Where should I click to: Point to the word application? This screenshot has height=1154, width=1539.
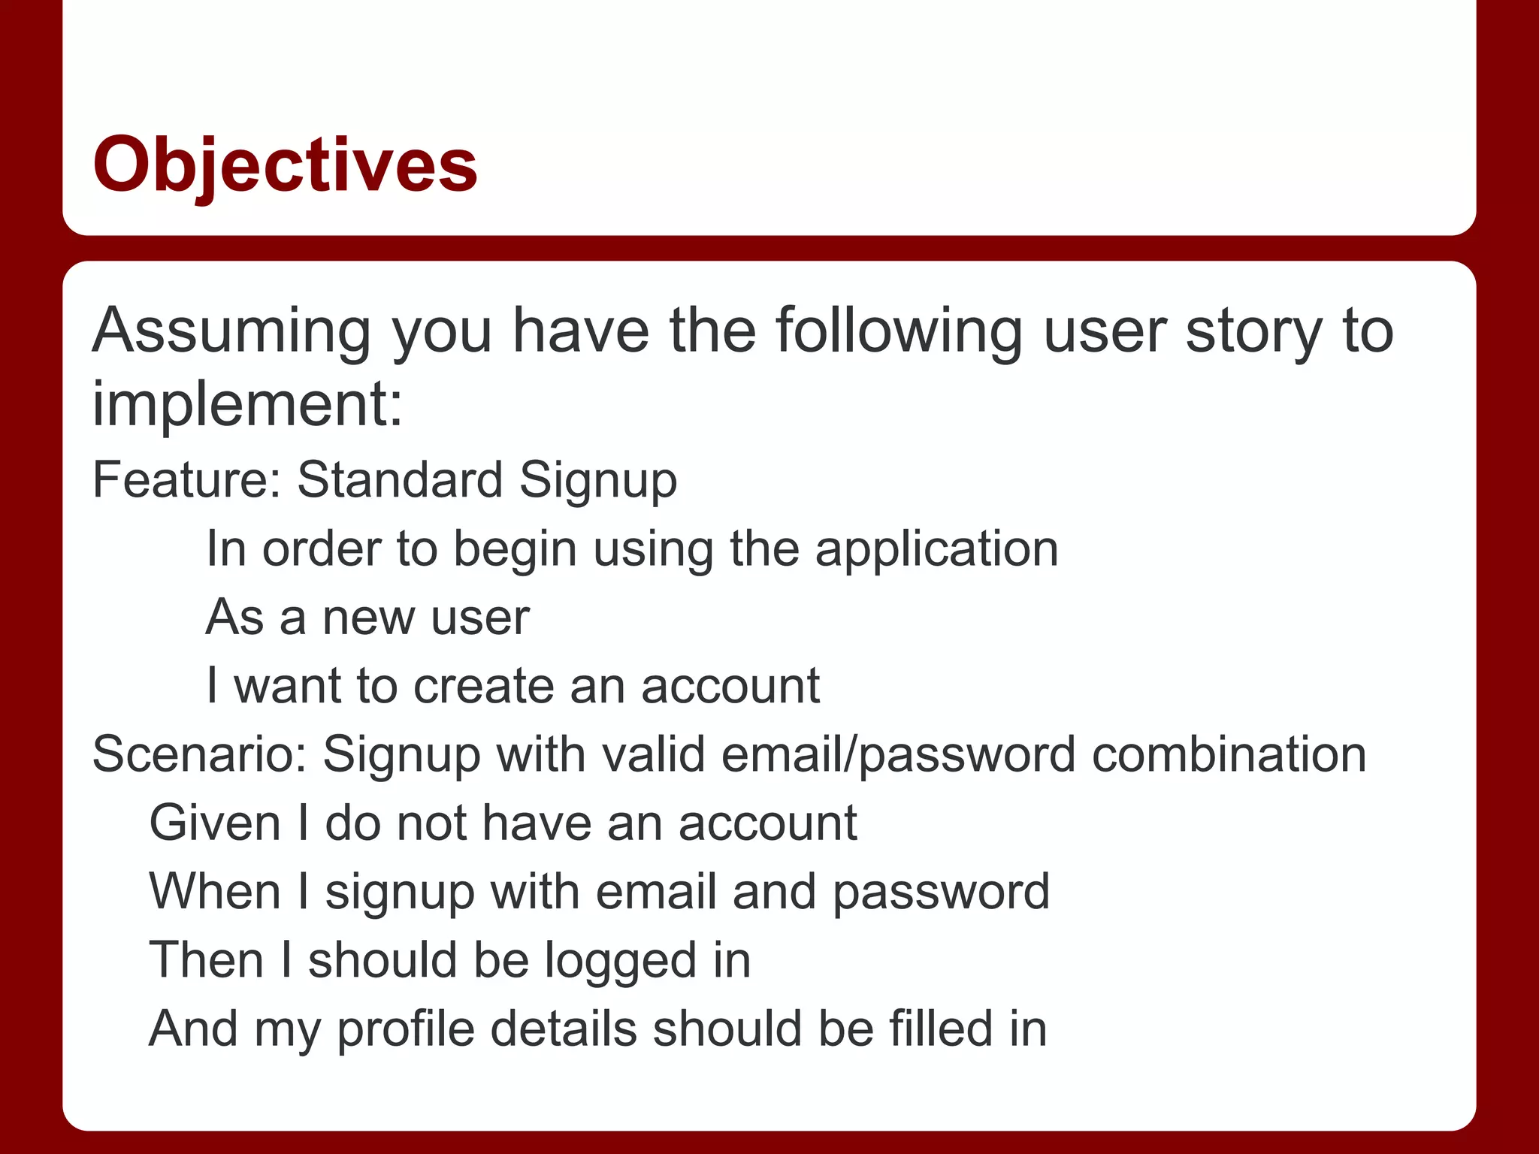(x=936, y=549)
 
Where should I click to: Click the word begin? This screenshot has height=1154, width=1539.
(x=515, y=549)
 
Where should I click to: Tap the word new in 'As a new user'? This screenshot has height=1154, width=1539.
(x=368, y=618)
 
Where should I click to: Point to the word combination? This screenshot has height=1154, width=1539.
(x=1229, y=754)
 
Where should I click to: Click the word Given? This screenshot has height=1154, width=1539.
(x=215, y=823)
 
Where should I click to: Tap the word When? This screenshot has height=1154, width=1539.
(x=215, y=892)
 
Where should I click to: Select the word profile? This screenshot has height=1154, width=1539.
(x=406, y=1029)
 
